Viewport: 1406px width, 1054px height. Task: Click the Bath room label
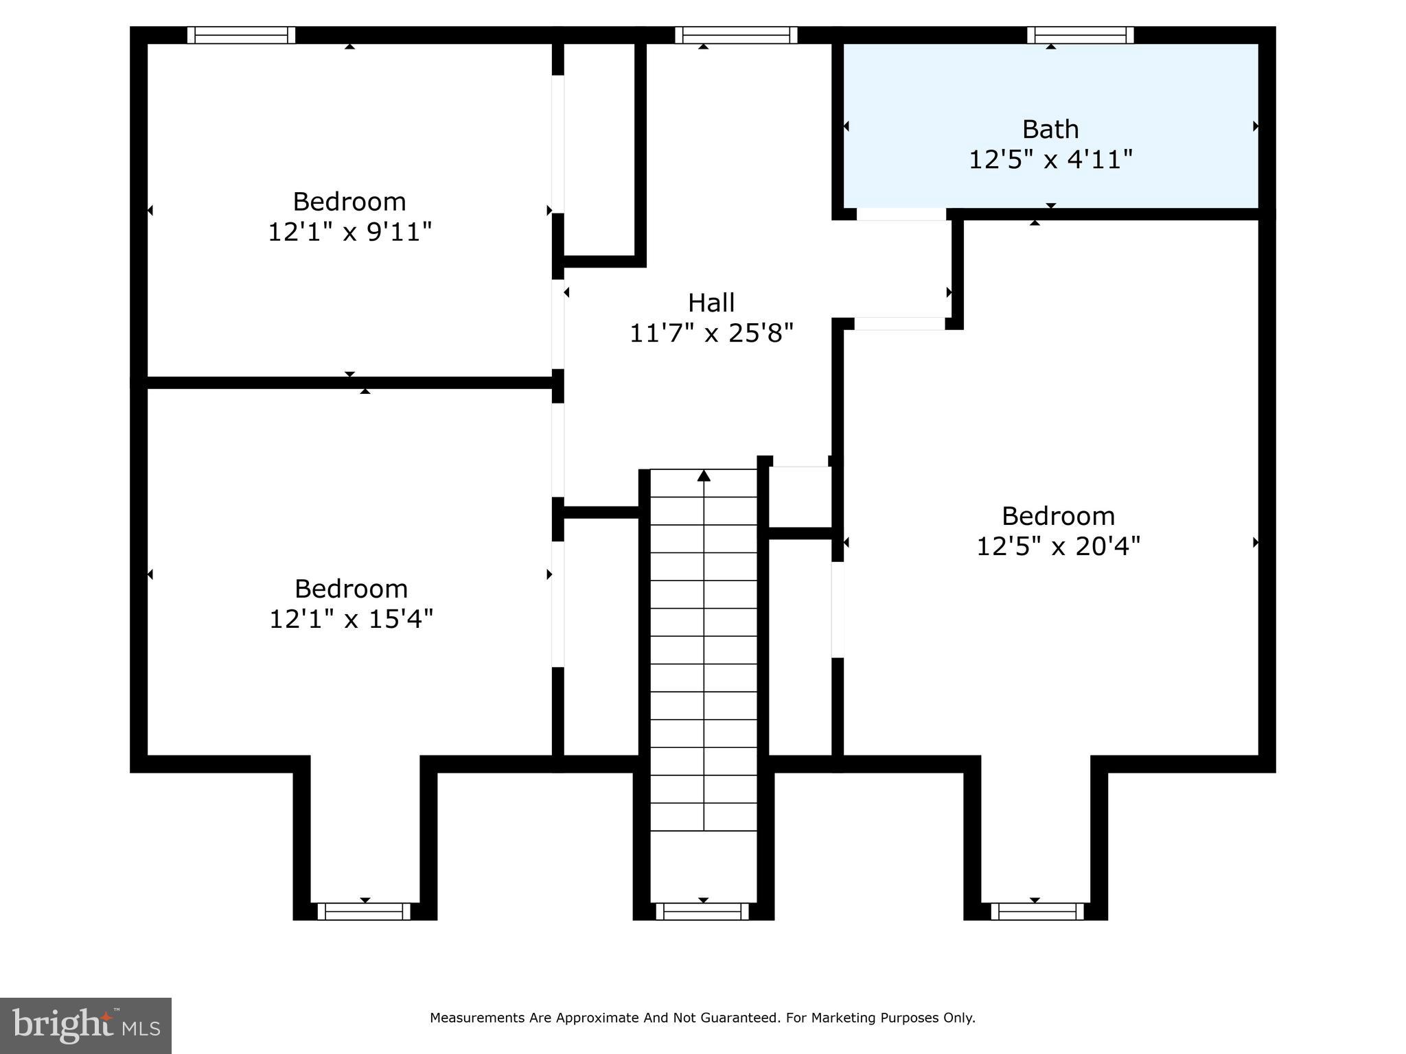(1050, 129)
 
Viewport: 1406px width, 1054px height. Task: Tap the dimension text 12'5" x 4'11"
(1050, 160)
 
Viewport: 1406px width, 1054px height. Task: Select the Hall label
(711, 303)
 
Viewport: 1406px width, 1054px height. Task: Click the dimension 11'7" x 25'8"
(711, 333)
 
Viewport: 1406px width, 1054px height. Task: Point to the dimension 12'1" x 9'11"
(349, 232)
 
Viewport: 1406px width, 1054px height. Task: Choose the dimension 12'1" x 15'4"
(351, 619)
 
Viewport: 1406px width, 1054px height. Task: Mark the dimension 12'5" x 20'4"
(1058, 546)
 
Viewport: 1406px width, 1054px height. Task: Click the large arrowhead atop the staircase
(704, 476)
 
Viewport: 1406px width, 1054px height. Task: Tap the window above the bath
(1080, 35)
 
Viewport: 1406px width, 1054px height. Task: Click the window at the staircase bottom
(702, 911)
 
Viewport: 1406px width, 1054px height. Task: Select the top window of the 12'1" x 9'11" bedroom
(241, 35)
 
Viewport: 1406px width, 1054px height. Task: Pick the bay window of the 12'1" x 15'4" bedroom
(364, 911)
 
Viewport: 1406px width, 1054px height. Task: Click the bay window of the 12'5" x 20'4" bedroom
(1037, 911)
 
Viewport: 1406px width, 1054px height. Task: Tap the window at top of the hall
(736, 35)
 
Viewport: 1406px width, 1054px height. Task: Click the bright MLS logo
(85, 1025)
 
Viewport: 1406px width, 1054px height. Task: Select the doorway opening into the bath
(901, 214)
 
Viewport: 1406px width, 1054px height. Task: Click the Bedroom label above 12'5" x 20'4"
(1058, 516)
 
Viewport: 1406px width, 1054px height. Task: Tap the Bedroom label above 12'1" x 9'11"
(349, 202)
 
